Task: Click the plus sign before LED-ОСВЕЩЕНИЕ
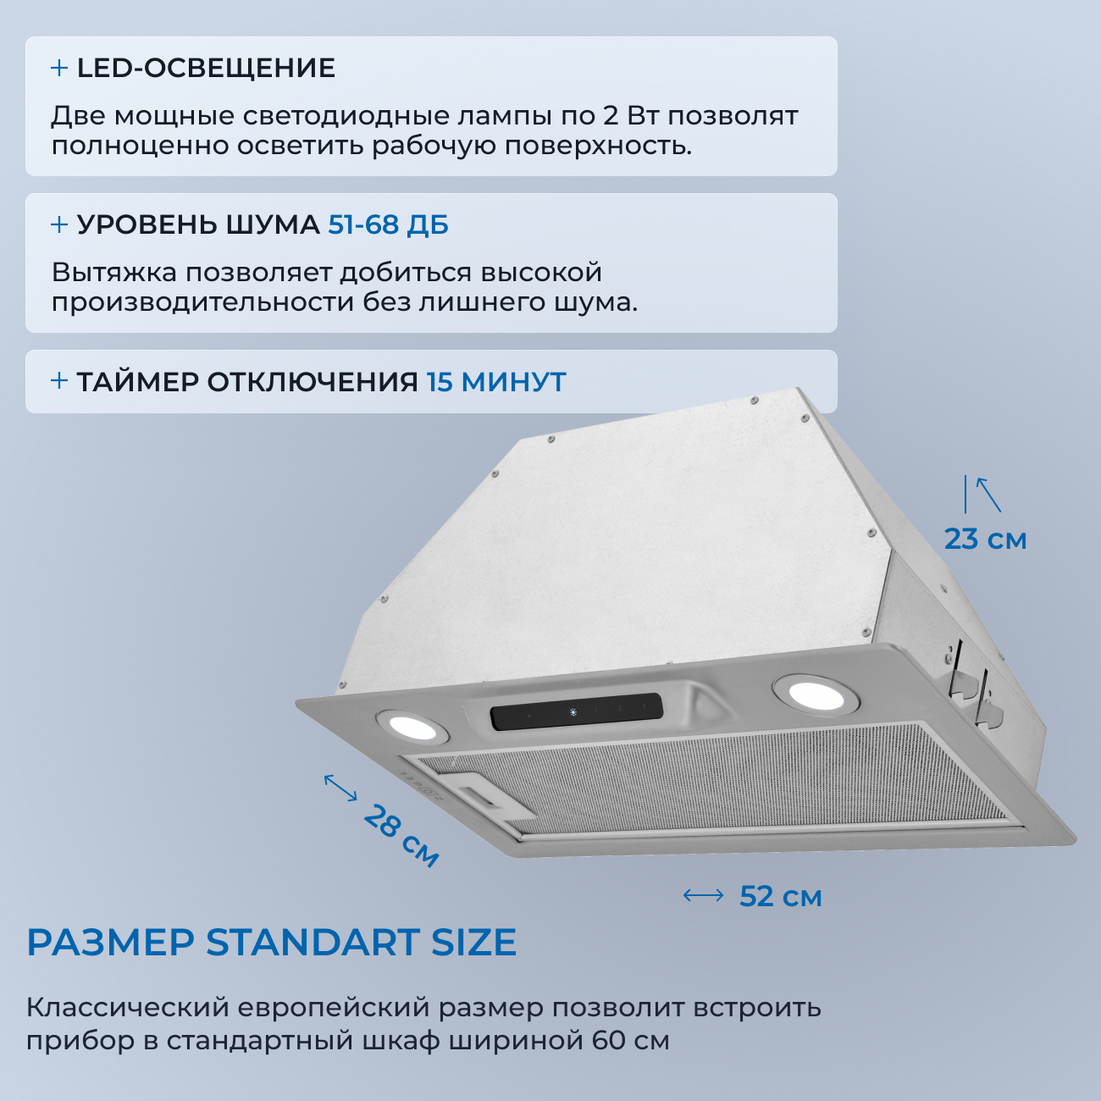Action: (59, 69)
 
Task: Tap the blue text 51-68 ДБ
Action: (388, 225)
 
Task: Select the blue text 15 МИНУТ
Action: (496, 382)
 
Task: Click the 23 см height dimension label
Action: (985, 539)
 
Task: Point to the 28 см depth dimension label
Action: (401, 836)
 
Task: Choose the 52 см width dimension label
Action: (780, 896)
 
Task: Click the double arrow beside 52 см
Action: (703, 895)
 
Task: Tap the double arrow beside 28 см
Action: (340, 788)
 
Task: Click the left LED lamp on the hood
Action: (410, 727)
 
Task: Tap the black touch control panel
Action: (576, 712)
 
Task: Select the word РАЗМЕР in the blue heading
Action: (110, 943)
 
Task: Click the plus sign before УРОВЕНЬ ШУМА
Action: (59, 225)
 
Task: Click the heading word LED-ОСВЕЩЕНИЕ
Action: (206, 69)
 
